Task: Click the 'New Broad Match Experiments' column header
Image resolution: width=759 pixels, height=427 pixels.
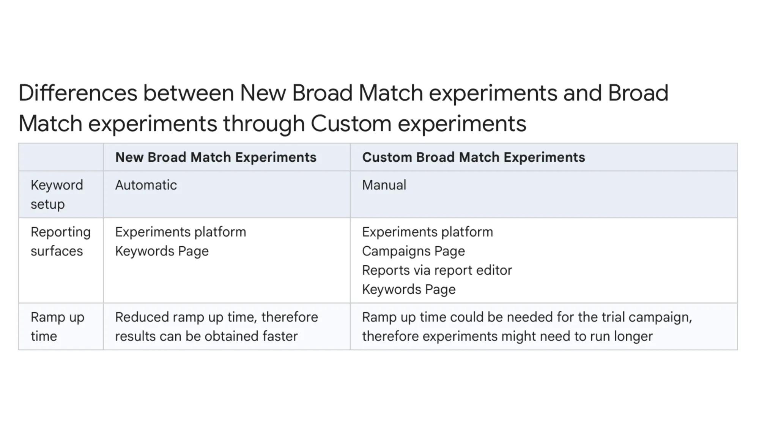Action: tap(216, 157)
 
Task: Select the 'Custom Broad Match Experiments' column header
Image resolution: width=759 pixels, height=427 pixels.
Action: tap(473, 157)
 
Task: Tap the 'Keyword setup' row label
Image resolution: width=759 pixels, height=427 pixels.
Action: tap(57, 194)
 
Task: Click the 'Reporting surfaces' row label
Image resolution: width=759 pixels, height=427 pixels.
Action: tap(60, 241)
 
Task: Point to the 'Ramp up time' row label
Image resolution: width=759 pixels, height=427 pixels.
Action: tap(57, 326)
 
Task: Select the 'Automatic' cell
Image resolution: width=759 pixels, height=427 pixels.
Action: tap(146, 185)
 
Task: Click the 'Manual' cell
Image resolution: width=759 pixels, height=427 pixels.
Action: tap(384, 185)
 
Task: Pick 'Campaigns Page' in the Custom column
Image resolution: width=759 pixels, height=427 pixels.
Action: tap(413, 251)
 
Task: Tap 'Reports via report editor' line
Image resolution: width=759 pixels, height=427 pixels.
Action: tap(437, 270)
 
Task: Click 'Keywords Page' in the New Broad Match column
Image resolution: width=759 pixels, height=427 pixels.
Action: tap(162, 251)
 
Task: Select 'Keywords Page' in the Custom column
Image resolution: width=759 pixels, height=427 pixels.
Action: tap(409, 290)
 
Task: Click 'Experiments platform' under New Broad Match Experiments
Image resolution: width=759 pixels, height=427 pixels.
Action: tap(180, 232)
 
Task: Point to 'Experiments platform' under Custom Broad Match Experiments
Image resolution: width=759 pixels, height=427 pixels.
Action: tap(427, 232)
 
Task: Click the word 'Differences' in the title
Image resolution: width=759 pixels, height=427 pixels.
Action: tap(77, 93)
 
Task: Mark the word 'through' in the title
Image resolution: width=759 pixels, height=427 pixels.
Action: tap(264, 124)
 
